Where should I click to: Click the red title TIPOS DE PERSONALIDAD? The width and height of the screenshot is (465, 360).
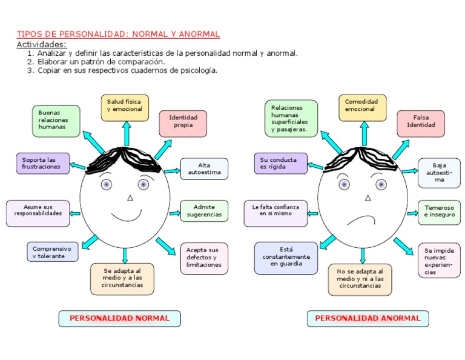[x=118, y=35]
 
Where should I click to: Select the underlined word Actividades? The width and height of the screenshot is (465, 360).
[x=41, y=44]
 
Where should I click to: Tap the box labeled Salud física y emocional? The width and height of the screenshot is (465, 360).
[x=125, y=107]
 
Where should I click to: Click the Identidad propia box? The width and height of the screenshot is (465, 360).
[x=183, y=123]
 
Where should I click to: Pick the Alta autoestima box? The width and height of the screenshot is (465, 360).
[x=205, y=169]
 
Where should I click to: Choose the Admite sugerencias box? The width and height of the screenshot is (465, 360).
[x=205, y=211]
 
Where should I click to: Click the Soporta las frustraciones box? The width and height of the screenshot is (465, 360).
[x=43, y=164]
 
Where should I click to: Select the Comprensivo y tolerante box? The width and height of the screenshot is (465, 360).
[x=52, y=252]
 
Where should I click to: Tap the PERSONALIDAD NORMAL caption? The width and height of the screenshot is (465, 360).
[x=119, y=318]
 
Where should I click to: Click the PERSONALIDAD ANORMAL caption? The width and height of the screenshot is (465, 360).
[x=368, y=318]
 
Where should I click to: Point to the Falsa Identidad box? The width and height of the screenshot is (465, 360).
[x=421, y=123]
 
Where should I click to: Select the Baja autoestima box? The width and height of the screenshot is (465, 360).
[x=439, y=173]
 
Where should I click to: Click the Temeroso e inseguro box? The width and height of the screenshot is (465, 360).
[x=439, y=211]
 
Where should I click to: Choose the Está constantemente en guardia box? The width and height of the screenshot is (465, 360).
[x=286, y=257]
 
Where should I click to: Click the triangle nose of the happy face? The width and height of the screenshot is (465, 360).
[x=130, y=198]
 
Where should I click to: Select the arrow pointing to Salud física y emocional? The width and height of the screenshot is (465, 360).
[x=126, y=134]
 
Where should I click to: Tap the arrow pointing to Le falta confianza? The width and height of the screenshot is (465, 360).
[x=312, y=213]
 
